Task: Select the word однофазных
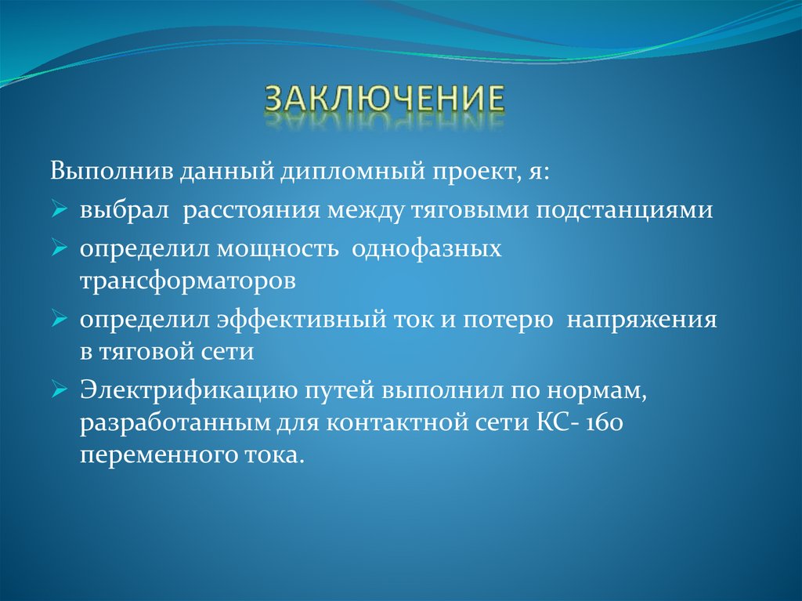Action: pos(427,251)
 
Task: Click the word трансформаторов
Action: pos(186,281)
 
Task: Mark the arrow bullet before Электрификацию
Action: pos(62,392)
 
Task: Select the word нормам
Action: pos(603,391)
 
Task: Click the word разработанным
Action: pos(173,424)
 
